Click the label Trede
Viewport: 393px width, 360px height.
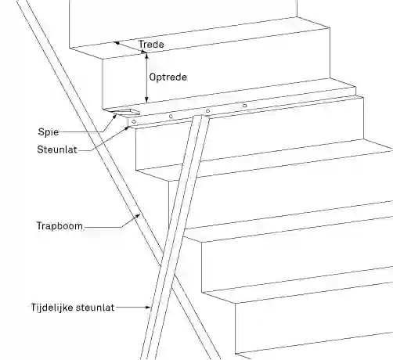[x=151, y=44]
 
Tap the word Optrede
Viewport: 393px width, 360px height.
[x=168, y=77]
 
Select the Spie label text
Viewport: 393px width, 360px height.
[x=49, y=131]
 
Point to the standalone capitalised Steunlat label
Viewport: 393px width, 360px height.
[x=57, y=149]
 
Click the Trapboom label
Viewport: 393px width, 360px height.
[x=59, y=225]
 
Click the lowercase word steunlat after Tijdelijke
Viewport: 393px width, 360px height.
[x=95, y=308]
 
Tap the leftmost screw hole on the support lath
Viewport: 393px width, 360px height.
[x=134, y=121]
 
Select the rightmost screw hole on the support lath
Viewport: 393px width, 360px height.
[x=244, y=106]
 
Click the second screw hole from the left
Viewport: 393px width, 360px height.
[x=171, y=117]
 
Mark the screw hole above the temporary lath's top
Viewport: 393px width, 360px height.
[x=207, y=111]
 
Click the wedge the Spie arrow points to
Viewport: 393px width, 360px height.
[x=126, y=112]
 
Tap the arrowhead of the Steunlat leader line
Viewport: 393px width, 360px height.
[x=127, y=128]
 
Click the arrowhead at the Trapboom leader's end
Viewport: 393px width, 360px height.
[x=138, y=216]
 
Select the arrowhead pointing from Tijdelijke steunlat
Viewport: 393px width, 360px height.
[x=148, y=308]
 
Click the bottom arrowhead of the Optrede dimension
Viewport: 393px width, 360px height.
[x=146, y=99]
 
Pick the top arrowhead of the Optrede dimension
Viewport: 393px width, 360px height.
[x=146, y=56]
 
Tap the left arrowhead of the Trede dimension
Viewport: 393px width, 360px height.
[x=117, y=43]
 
